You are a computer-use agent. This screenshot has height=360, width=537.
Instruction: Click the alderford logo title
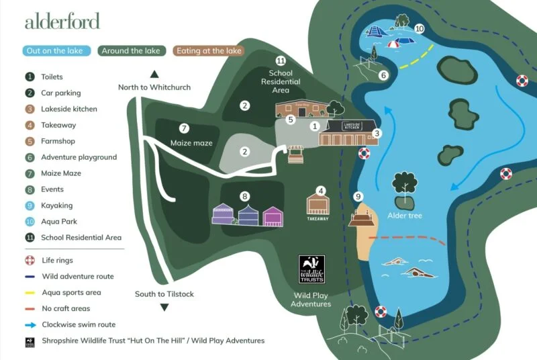[x=62, y=21]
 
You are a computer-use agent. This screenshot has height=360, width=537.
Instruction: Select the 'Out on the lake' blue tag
[x=58, y=51]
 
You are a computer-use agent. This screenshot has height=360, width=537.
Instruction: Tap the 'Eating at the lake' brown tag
[x=207, y=51]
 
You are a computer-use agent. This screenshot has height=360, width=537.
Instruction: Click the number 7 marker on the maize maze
[x=183, y=128]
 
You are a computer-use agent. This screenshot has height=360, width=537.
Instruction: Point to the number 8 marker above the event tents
[x=245, y=196]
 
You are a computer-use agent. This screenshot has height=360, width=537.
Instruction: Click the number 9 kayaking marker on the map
[x=358, y=196]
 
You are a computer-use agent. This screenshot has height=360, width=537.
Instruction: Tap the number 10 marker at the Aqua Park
[x=420, y=29]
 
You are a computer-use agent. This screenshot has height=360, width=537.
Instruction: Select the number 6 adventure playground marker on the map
[x=384, y=75]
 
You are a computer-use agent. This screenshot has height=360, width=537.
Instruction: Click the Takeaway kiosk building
[x=318, y=206]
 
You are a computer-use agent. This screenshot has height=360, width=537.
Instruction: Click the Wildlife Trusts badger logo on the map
[x=311, y=269]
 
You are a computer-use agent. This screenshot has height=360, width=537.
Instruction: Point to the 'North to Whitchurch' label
[x=154, y=87]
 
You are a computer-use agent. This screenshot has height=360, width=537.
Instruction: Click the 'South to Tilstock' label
[x=164, y=294]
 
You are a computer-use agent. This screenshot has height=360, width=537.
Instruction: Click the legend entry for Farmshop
[x=58, y=141]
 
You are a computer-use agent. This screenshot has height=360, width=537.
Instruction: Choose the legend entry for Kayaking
[x=56, y=206]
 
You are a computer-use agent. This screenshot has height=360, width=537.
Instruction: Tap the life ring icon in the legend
[x=30, y=260]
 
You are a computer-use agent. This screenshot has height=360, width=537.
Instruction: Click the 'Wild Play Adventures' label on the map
[x=311, y=299]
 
